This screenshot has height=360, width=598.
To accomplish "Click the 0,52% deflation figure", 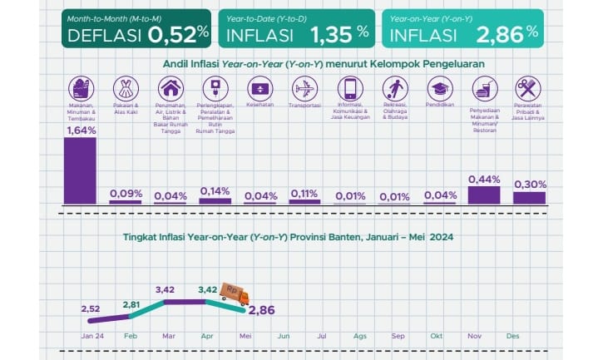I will [x=177, y=34].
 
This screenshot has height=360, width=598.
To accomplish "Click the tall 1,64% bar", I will [x=80, y=170].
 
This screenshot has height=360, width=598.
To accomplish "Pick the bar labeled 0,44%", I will [x=484, y=195].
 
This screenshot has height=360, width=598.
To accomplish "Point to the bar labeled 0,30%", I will [x=529, y=198].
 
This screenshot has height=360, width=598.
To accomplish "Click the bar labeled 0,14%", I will [x=215, y=200].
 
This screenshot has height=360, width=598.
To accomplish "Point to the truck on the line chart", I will [x=234, y=293].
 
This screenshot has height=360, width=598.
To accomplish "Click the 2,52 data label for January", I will [x=91, y=308].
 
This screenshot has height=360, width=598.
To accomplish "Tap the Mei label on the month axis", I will [x=245, y=335].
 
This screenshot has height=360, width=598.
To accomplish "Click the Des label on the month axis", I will [x=512, y=335].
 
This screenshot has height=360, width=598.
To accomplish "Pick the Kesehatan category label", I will [x=259, y=106].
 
